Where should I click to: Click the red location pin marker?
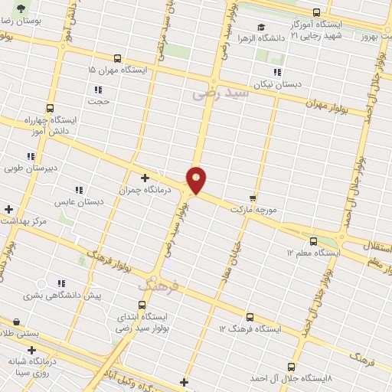pyautogui.click(x=197, y=179)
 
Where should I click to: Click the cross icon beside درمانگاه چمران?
pyautogui.click(x=145, y=178)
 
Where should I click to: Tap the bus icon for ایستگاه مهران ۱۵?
pyautogui.click(x=117, y=58)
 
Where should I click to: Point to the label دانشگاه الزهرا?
pyautogui.click(x=261, y=38)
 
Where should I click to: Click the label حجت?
pyautogui.click(x=99, y=101)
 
